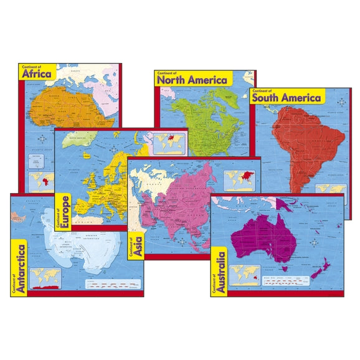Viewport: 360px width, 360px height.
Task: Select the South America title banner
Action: click(287, 97)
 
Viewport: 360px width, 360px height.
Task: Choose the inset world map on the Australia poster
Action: click(244, 273)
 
